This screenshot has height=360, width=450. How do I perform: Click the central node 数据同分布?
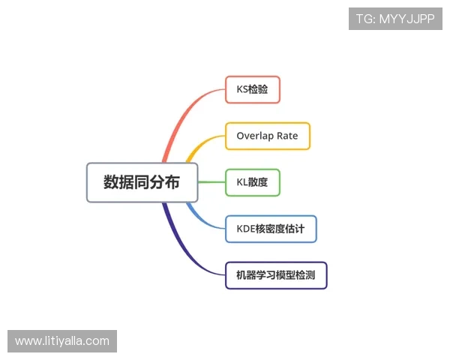pos(142,182)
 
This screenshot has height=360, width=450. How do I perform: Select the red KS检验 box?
pos(253,89)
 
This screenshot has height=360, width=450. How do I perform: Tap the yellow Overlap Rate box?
pos(267,136)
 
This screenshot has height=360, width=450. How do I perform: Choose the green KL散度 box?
pos(253,182)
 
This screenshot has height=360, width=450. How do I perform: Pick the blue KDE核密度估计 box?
pos(271,229)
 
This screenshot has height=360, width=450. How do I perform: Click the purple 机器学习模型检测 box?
pos(276,275)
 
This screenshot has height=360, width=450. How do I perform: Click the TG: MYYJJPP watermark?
pos(395,19)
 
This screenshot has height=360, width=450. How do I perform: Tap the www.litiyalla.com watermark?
pos(62,341)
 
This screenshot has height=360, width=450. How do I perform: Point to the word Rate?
pos(287,136)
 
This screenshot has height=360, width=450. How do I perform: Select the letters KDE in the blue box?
pos(247,229)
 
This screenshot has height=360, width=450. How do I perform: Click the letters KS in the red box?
pos(242,89)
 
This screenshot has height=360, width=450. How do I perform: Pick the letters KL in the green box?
pos(241,182)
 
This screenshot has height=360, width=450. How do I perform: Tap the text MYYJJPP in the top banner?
pos(406,19)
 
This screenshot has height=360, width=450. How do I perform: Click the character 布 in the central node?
pos(172,182)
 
